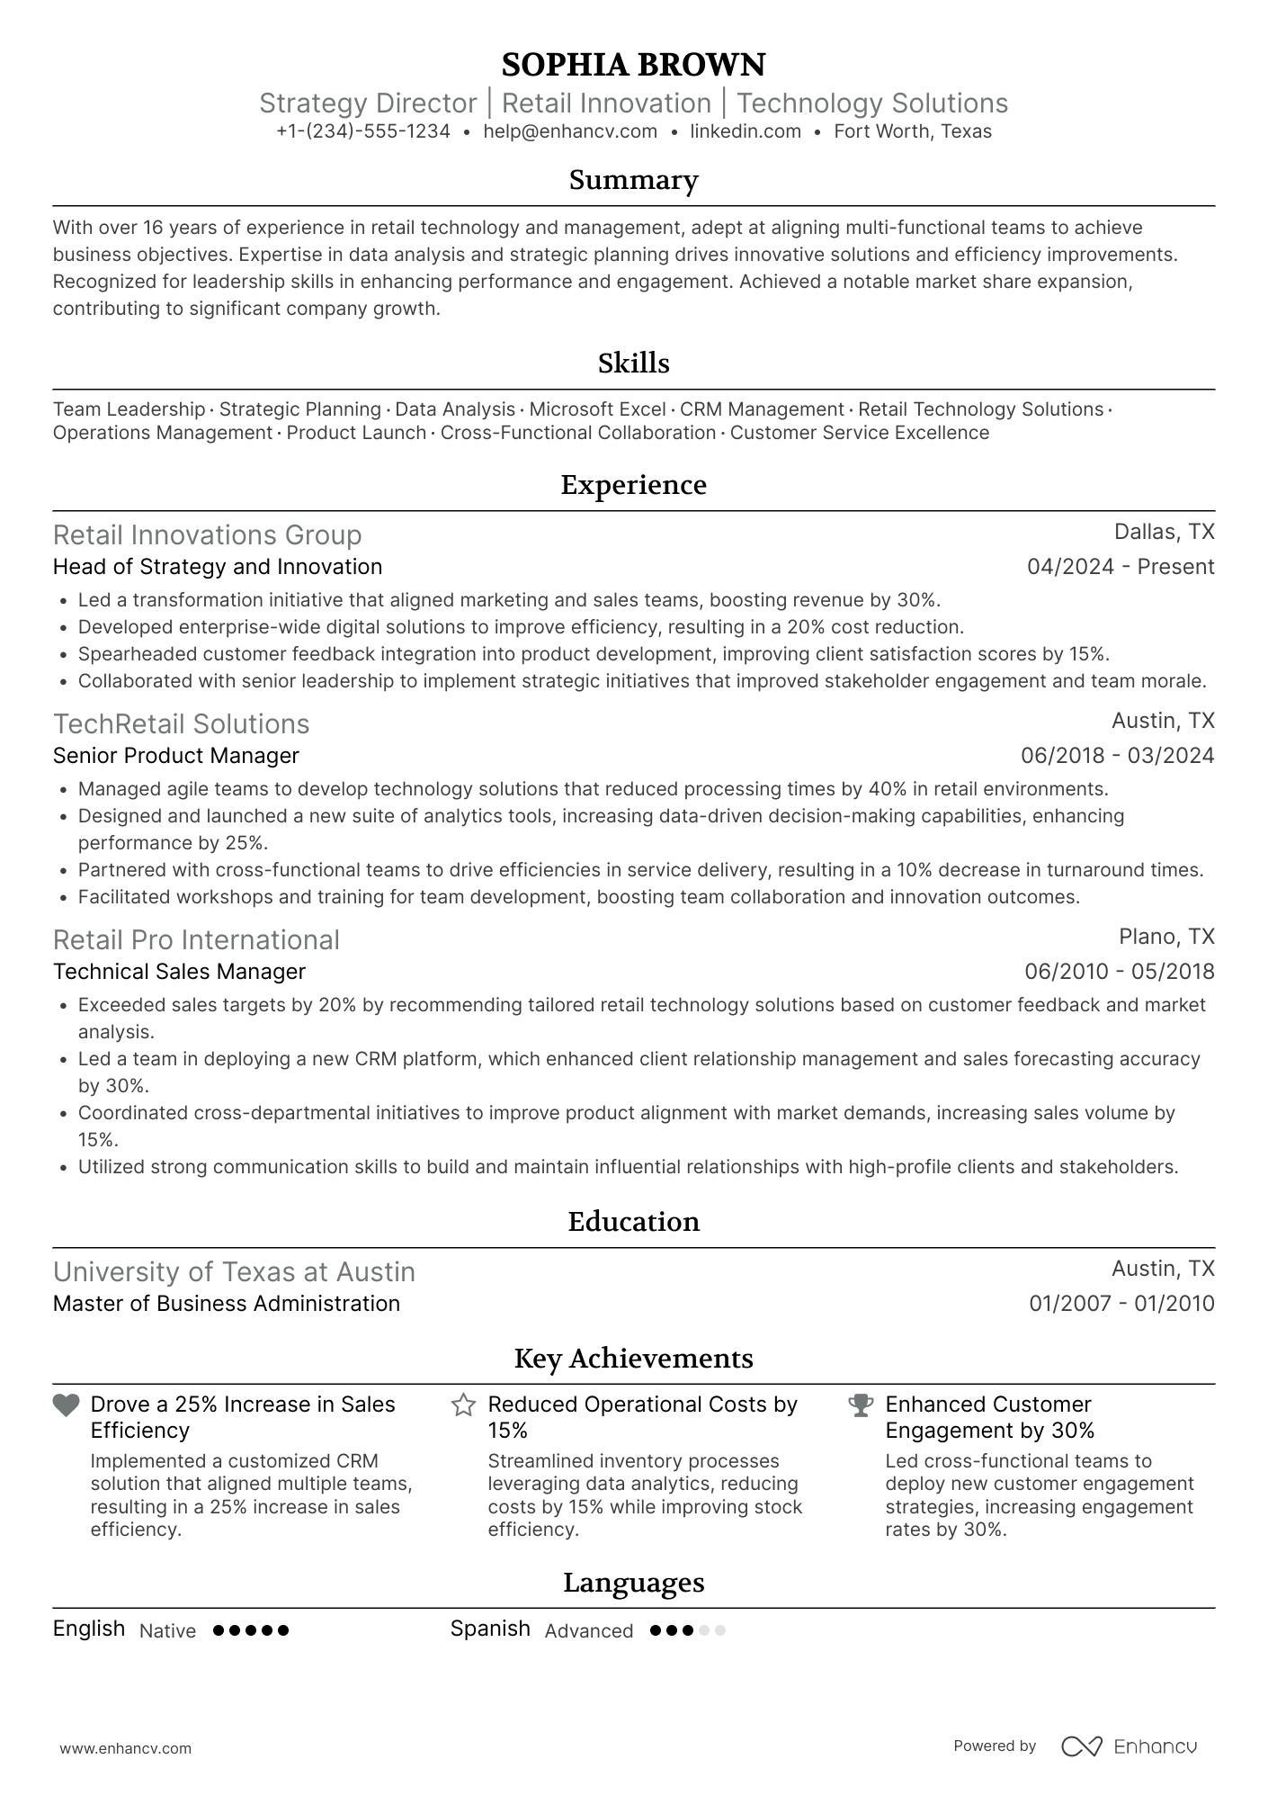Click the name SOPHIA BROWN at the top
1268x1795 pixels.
(633, 65)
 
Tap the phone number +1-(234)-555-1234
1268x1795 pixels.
(362, 131)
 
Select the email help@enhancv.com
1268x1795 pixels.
(570, 131)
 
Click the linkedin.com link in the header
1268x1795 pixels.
(746, 131)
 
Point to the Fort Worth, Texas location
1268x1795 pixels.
(913, 131)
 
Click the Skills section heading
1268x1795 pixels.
(633, 363)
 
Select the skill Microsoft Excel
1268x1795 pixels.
(597, 409)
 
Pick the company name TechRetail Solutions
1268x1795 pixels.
(181, 723)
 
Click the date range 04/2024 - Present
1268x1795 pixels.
(1121, 567)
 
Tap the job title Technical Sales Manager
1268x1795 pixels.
(179, 972)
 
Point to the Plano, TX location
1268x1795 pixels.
(1166, 937)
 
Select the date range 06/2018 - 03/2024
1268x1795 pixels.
(1117, 756)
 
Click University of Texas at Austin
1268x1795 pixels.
(234, 1271)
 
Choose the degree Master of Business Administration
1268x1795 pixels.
(226, 1304)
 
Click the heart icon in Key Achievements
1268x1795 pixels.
(67, 1405)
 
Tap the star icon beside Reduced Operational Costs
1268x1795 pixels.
(463, 1405)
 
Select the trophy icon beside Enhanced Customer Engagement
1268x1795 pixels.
(861, 1405)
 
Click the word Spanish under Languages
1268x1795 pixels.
(490, 1629)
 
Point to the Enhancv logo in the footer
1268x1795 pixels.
(1129, 1746)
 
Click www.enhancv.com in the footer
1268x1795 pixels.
(125, 1749)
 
